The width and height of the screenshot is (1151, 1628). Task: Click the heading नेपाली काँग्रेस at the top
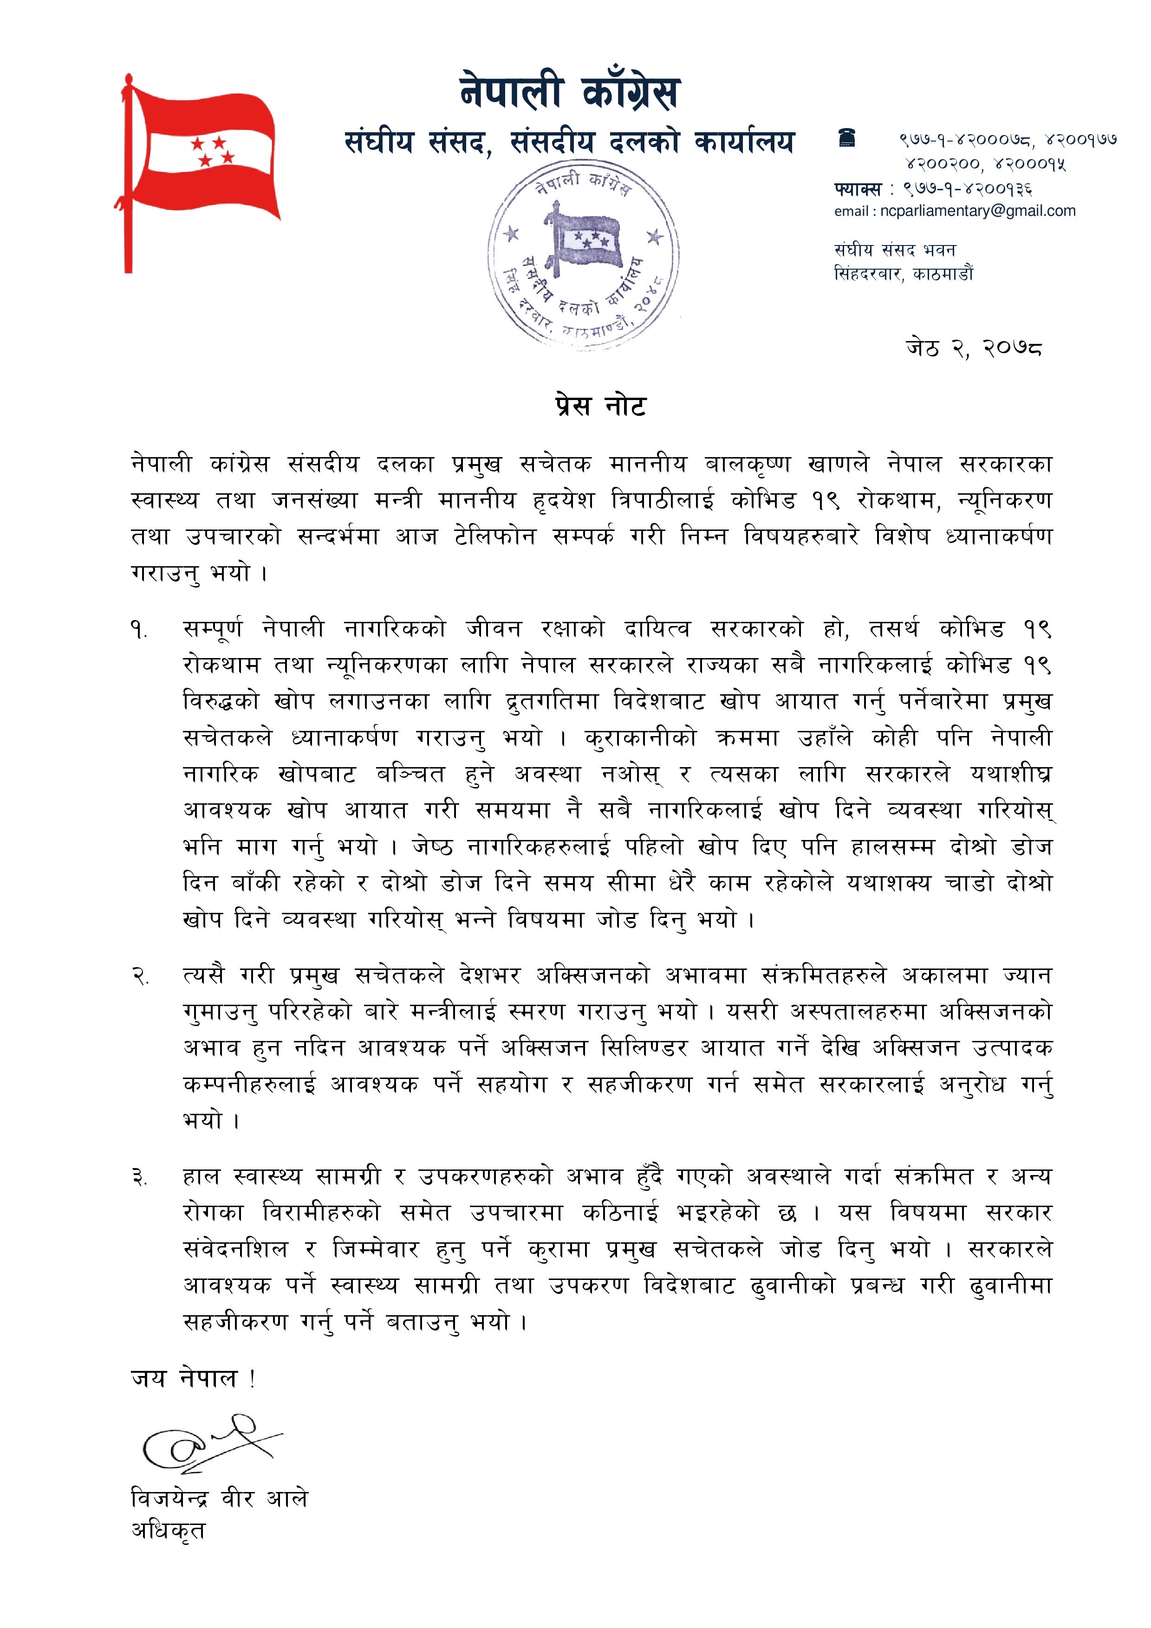(x=570, y=92)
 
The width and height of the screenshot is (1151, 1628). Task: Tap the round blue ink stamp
(x=583, y=253)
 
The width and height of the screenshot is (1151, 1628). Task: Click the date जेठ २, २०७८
(x=973, y=348)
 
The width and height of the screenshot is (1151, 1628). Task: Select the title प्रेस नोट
(x=600, y=406)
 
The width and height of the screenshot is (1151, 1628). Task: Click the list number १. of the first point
(x=138, y=630)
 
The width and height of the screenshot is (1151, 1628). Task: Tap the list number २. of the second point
(x=140, y=977)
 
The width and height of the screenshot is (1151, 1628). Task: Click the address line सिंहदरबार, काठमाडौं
(x=904, y=274)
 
